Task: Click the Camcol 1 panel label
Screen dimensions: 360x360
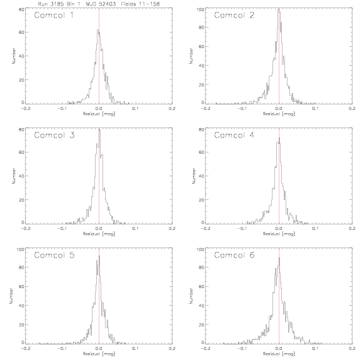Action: click(54, 15)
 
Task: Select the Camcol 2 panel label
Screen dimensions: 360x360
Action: click(234, 15)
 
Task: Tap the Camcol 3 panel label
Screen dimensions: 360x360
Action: click(54, 135)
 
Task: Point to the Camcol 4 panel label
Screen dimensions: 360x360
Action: click(234, 135)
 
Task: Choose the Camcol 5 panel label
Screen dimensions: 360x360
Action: click(54, 255)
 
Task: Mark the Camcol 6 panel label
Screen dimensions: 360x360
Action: click(234, 255)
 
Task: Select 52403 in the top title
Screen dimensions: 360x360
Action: click(107, 4)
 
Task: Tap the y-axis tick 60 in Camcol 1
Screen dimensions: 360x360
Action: click(22, 32)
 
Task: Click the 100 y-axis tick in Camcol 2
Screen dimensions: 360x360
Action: click(200, 9)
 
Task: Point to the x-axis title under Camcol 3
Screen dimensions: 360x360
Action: click(99, 234)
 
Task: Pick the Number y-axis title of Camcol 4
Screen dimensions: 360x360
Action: click(194, 176)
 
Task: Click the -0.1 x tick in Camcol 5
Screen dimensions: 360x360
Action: click(62, 348)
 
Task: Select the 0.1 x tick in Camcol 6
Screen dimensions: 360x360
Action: click(316, 348)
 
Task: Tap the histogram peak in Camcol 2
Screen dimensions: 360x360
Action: click(279, 9)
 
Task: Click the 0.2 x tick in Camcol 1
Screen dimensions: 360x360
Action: click(172, 108)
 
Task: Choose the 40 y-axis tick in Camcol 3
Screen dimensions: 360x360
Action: click(22, 176)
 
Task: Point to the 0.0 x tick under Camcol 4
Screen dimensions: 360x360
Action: click(279, 229)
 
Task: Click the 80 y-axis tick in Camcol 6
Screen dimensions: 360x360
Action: click(202, 267)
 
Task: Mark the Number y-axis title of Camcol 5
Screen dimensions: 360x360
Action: click(11, 296)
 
